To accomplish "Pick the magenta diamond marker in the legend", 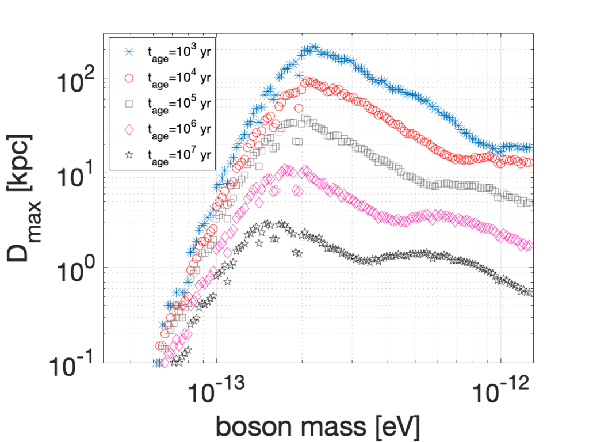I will tap(129, 129).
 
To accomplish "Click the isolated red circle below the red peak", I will tap(299, 108).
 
